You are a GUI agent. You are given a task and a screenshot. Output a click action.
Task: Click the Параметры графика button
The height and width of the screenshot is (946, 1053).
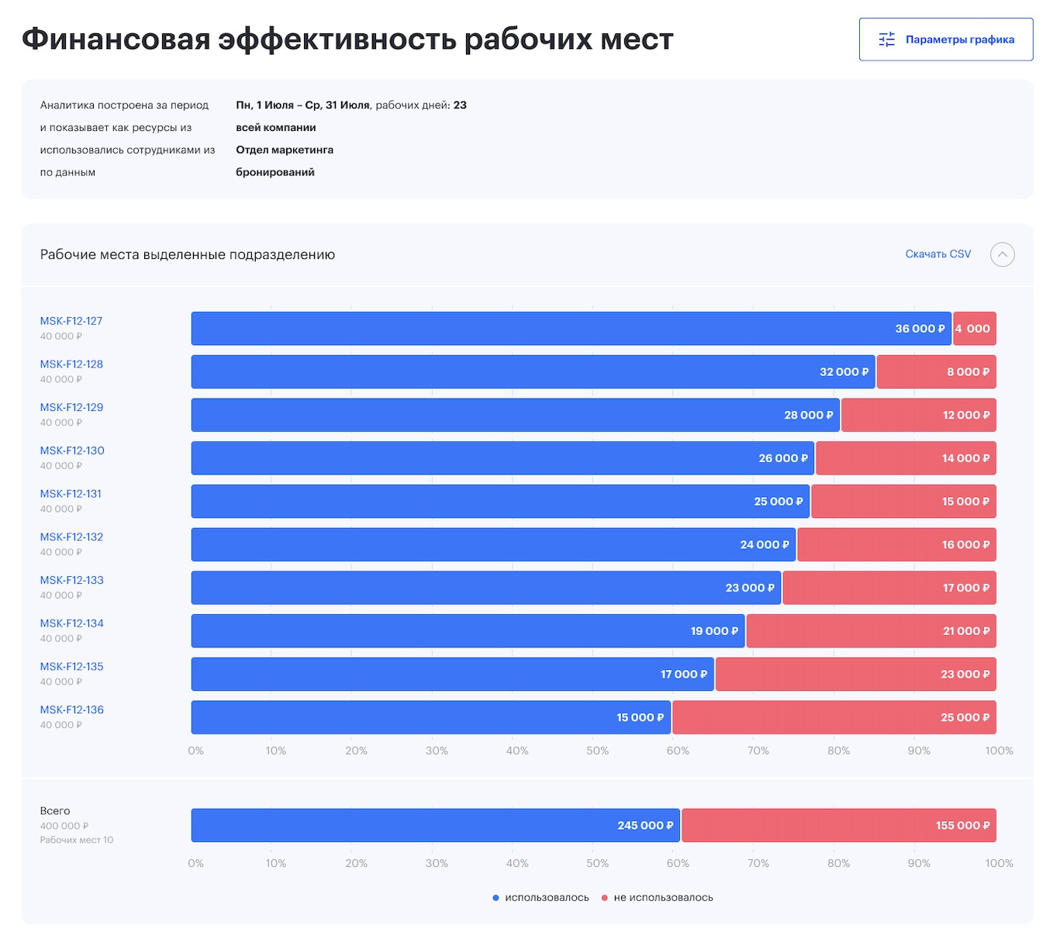pos(945,40)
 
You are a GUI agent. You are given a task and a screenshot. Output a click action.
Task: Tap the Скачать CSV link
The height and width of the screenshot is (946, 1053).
pos(937,254)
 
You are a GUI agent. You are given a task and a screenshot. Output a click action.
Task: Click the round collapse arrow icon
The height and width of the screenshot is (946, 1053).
pos(1002,254)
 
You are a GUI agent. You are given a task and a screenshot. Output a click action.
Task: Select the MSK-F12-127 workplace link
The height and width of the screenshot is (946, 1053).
pos(71,321)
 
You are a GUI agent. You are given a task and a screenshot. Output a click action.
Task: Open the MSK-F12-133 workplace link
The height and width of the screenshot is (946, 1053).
pos(71,580)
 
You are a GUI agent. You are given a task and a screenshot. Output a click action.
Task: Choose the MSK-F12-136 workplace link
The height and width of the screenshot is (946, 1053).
pos(71,709)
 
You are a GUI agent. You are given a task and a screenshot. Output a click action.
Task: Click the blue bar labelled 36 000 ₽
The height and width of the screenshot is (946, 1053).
pos(571,329)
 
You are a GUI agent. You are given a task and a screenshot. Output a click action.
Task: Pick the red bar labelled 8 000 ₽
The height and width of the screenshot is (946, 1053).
pos(936,372)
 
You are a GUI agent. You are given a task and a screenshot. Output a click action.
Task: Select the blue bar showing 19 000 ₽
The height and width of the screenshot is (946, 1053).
pos(468,631)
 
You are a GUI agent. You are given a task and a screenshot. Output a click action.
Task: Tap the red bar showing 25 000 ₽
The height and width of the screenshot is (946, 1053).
pos(834,717)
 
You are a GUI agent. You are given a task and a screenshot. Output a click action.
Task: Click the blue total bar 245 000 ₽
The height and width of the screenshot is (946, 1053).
pos(435,826)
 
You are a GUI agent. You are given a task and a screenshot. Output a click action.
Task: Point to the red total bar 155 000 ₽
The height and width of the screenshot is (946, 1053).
pos(838,826)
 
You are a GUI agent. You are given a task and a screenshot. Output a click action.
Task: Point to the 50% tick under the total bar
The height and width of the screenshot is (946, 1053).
pos(597,863)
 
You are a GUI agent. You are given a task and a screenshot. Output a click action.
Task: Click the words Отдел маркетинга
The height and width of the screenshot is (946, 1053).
pos(285,150)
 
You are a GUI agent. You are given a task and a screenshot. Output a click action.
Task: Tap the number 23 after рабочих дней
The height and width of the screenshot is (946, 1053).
pos(460,105)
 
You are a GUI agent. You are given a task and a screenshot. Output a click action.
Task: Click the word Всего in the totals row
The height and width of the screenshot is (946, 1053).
pos(55,811)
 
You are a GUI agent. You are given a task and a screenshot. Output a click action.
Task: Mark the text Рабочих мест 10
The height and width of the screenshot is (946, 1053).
pos(77,840)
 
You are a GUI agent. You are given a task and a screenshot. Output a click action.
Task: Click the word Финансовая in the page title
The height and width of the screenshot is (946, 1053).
pos(116,39)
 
